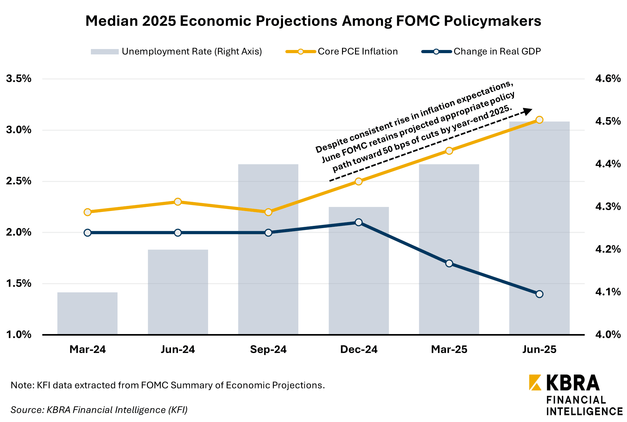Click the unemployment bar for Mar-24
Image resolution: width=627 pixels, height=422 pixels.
click(x=87, y=313)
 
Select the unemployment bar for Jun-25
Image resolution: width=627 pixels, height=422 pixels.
click(x=539, y=228)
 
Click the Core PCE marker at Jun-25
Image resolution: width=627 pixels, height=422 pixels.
click(x=540, y=120)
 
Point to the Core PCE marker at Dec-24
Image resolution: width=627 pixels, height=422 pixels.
click(x=358, y=181)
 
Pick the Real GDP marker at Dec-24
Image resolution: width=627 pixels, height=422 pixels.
click(x=358, y=222)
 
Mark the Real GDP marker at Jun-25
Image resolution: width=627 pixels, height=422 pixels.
click(x=540, y=294)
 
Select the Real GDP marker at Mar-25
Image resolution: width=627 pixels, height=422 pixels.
click(x=449, y=264)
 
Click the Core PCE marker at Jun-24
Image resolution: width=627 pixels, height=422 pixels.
click(x=178, y=202)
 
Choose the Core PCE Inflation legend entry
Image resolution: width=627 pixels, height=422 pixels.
click(x=358, y=52)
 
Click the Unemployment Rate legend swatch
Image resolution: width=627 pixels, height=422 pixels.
click(x=104, y=52)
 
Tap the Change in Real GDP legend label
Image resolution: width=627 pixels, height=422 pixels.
click(x=497, y=52)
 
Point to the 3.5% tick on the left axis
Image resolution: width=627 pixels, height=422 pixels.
click(x=19, y=78)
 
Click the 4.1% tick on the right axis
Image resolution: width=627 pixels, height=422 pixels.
click(x=608, y=292)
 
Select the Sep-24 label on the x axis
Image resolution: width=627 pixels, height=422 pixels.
click(x=268, y=349)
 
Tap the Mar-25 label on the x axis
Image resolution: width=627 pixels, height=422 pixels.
click(x=449, y=349)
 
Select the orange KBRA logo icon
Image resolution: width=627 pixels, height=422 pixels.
click(x=535, y=382)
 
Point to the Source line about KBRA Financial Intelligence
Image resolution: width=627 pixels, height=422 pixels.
click(x=99, y=410)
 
